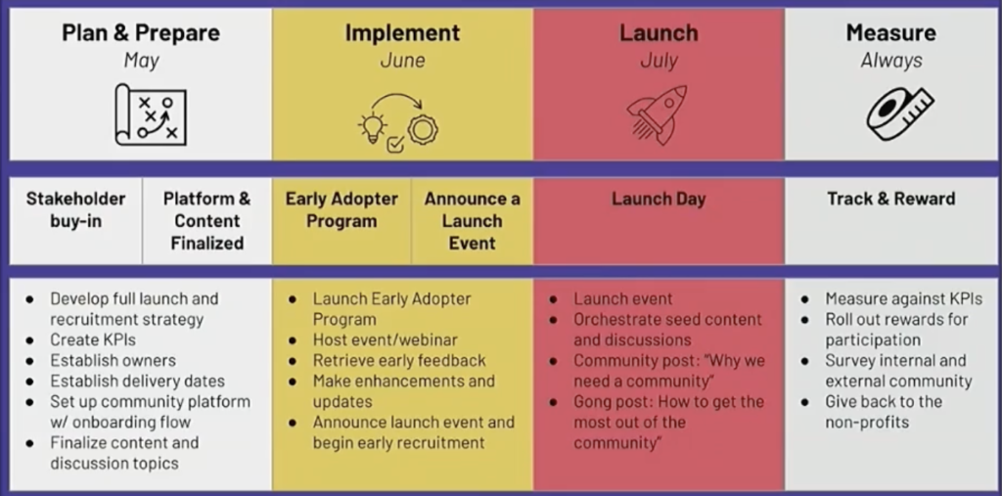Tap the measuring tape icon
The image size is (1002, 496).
pos(899,113)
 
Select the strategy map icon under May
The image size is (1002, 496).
pos(151,114)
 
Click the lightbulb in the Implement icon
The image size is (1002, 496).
pos(373,127)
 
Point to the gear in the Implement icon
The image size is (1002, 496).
pos(423,129)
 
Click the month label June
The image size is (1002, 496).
pos(402,61)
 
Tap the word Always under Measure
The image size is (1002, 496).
pos(891,61)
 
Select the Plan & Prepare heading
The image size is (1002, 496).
pos(141,32)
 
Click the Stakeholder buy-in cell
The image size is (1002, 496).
pos(76,220)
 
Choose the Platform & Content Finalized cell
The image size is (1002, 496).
pos(207,220)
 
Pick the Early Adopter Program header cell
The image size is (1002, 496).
pos(342,220)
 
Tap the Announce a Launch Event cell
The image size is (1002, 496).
pos(473,220)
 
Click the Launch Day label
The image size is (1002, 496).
pos(659,199)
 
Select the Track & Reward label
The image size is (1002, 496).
pos(891,199)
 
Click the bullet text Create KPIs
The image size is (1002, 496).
pos(93,340)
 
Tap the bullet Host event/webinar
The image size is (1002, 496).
pos(385,340)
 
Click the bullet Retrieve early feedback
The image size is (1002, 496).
pos(399,360)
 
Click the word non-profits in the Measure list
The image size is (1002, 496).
pos(867,423)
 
